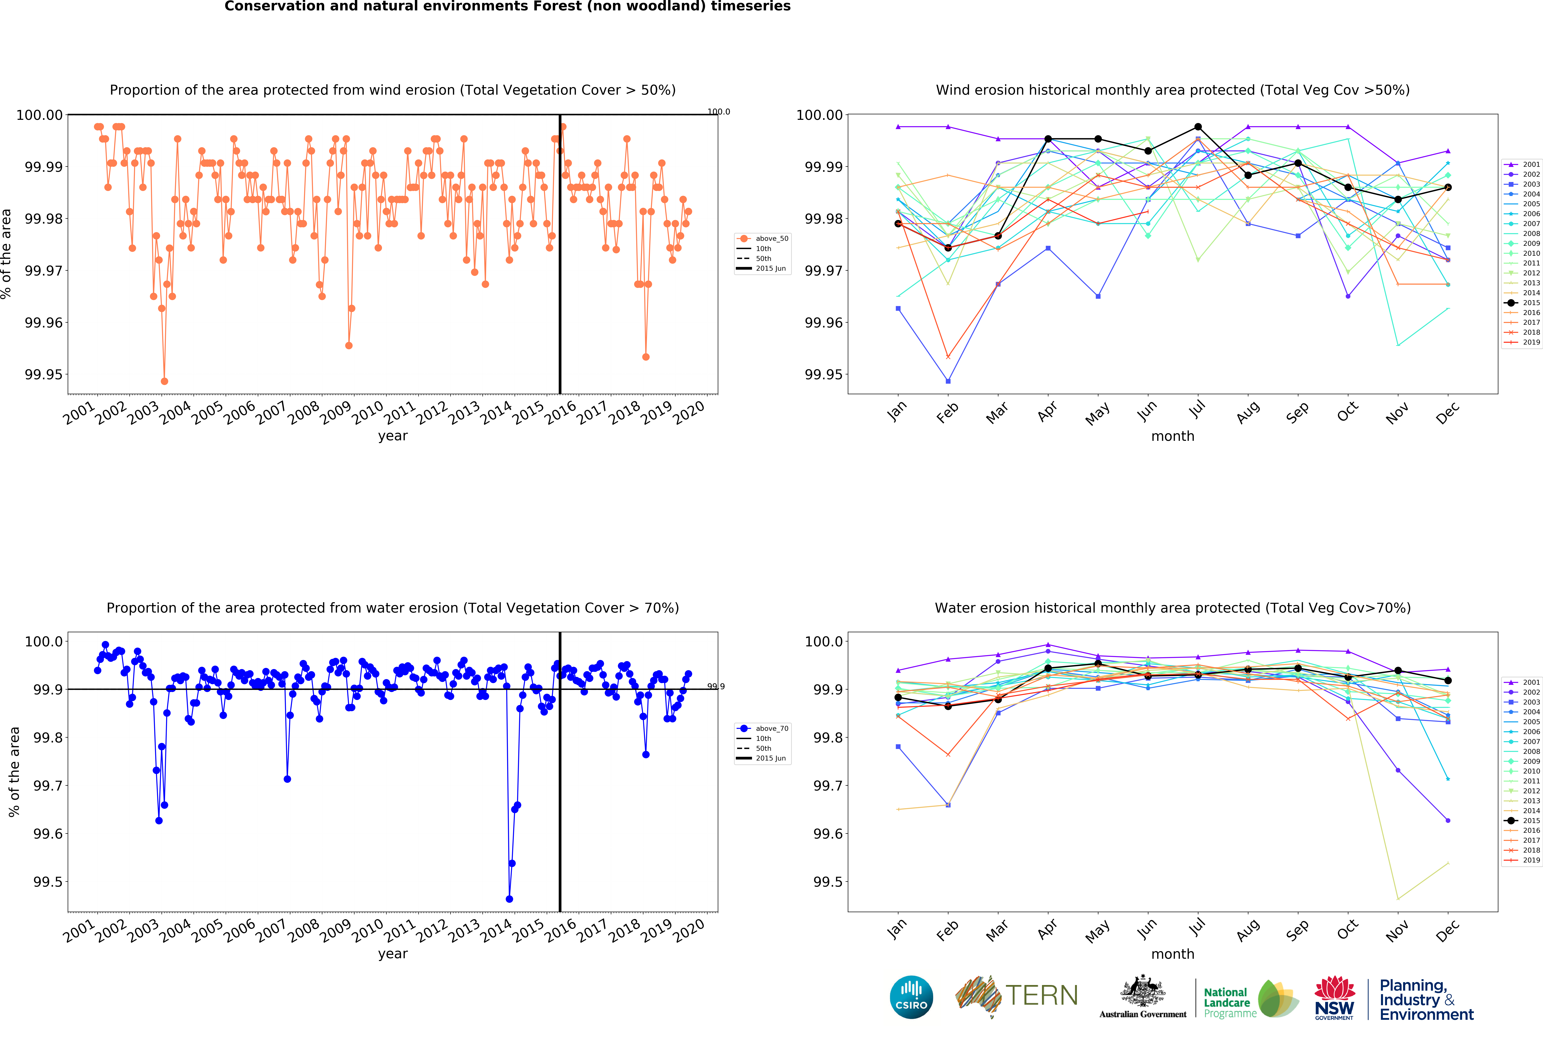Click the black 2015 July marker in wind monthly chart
1198,127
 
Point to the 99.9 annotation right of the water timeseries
716,686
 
